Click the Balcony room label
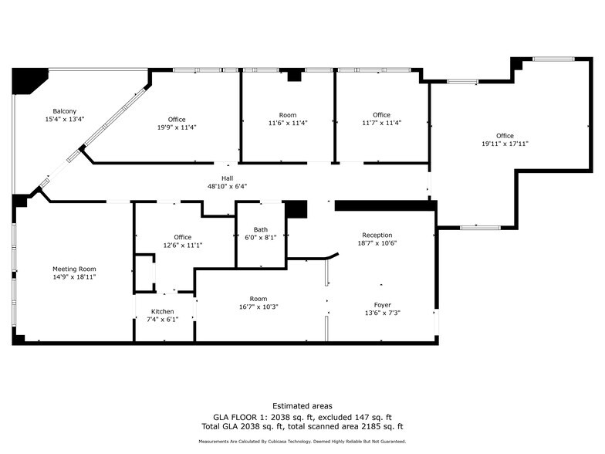point(64,111)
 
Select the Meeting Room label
point(74,269)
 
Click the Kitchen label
point(162,311)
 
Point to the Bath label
point(260,229)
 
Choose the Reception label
point(377,235)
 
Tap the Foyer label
point(382,304)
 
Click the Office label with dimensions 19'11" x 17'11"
point(505,136)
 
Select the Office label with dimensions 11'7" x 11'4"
point(381,115)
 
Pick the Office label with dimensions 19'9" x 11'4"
point(177,119)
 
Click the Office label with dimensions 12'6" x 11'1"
point(182,237)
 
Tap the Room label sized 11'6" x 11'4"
point(287,115)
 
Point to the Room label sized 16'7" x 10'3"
point(258,299)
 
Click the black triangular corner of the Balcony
point(25,79)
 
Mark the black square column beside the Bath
point(296,209)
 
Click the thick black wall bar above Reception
point(384,205)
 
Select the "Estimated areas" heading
point(302,405)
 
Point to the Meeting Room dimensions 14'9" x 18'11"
point(74,276)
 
